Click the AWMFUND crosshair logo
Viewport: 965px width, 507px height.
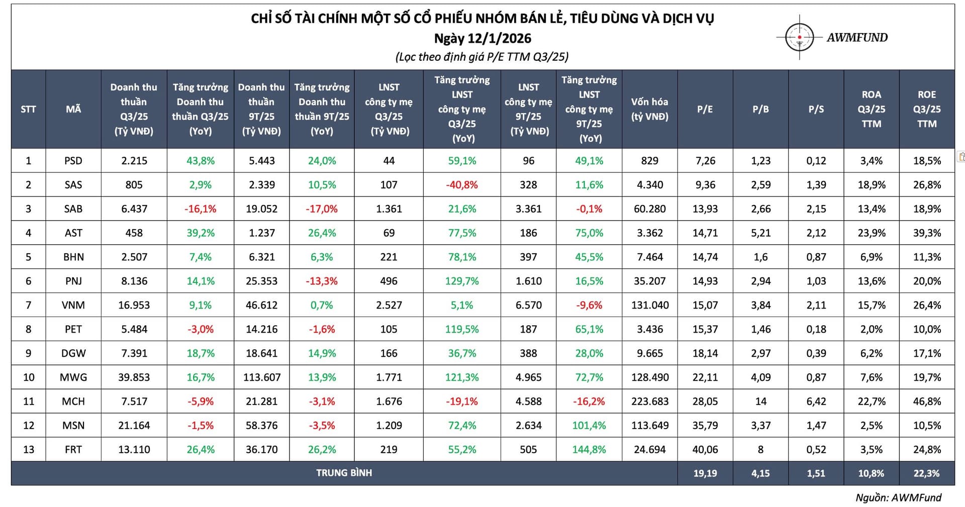(799, 37)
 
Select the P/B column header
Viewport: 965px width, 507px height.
(760, 109)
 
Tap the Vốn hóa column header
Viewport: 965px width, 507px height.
(649, 109)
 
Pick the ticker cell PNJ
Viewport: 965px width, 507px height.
(73, 281)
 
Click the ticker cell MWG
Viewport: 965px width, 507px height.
(73, 377)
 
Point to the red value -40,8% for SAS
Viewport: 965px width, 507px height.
(462, 185)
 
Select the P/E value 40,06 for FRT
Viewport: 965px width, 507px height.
(705, 450)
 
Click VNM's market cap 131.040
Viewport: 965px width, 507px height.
(650, 305)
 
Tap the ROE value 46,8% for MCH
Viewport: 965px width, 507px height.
(927, 401)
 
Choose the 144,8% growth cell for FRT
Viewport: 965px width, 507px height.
(589, 450)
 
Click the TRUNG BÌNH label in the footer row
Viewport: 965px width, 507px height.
(344, 473)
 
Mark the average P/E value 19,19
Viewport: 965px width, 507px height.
(705, 473)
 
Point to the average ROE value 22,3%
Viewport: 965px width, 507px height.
(927, 473)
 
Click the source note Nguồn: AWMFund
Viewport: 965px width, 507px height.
(898, 497)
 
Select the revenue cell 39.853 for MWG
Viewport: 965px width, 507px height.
(134, 377)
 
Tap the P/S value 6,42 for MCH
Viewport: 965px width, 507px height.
(816, 401)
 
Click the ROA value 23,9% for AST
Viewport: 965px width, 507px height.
(872, 233)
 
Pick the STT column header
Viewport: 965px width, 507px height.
(28, 109)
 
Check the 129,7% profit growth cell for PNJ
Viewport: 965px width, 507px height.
(462, 281)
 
